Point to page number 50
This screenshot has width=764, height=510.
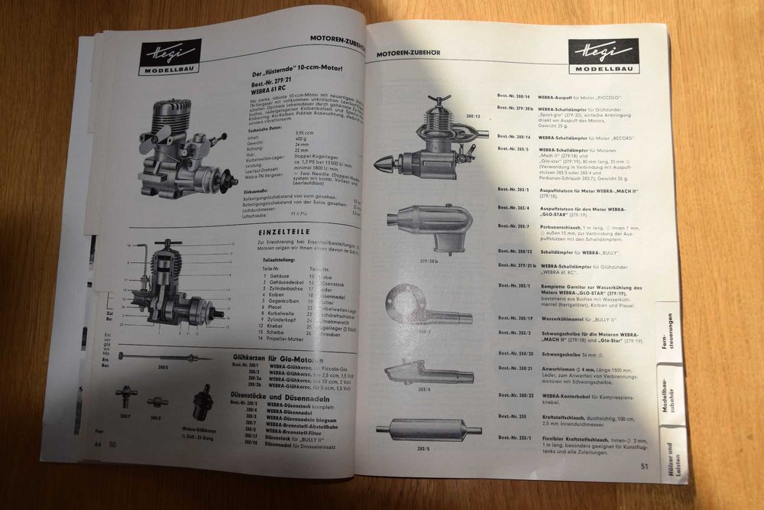pyautogui.click(x=112, y=443)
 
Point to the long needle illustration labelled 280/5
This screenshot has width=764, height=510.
pyautogui.click(x=164, y=358)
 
